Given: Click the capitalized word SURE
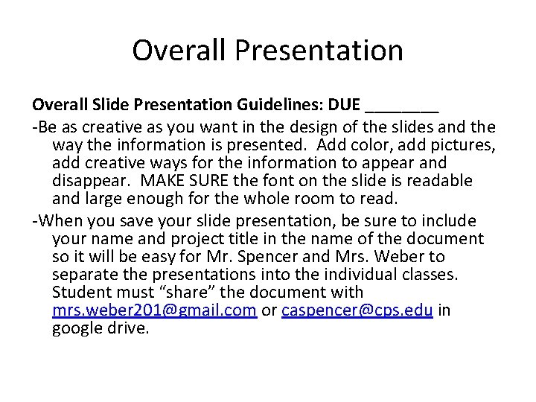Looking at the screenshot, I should coord(221,181).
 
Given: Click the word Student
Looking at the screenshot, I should coord(82,293).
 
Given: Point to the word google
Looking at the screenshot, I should coord(77,328).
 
